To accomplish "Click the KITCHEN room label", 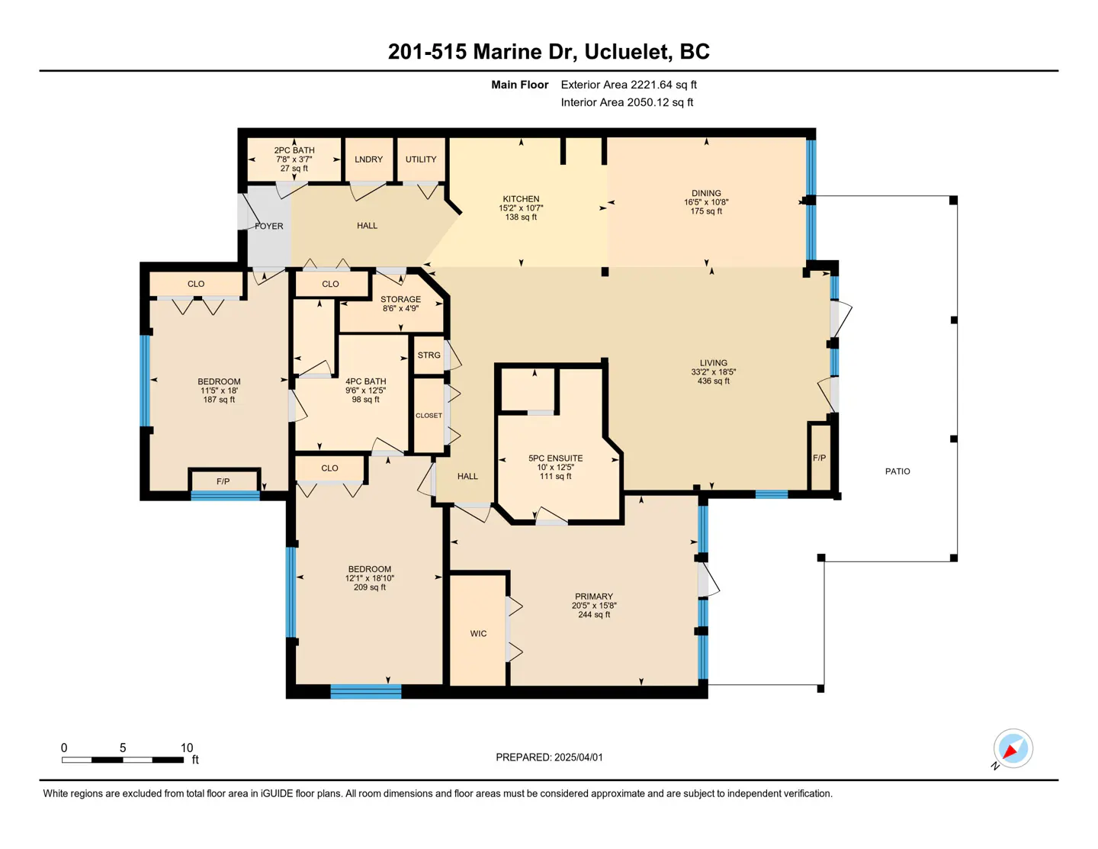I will [x=521, y=199].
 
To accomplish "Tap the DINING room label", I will [x=706, y=194].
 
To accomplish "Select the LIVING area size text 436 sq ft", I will [x=713, y=381].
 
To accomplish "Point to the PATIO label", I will [x=897, y=471].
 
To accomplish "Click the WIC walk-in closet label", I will [x=478, y=634].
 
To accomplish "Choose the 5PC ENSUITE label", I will [x=555, y=458].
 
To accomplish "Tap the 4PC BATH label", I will [x=365, y=381].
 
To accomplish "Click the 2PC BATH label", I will [x=294, y=150].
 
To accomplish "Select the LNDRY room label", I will [x=368, y=159].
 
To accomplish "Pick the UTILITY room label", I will [x=421, y=159].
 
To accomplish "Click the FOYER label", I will [x=268, y=227].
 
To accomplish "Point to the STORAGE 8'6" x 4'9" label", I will [x=400, y=304].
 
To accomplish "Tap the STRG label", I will [x=429, y=355].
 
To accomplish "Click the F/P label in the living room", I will [x=819, y=458].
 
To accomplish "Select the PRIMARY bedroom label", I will [x=594, y=597].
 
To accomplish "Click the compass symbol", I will [x=1013, y=749].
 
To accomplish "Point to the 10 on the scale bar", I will [x=187, y=748].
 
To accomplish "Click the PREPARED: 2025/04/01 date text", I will [x=549, y=757].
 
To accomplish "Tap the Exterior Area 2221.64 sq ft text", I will [x=628, y=85].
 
